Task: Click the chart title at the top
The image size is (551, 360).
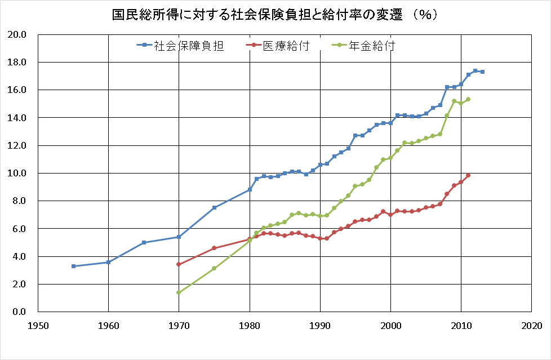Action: pos(275,15)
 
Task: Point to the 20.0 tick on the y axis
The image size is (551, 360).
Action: pos(17,34)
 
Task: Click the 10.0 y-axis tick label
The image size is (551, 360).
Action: pos(17,173)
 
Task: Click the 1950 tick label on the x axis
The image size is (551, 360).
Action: pos(38,326)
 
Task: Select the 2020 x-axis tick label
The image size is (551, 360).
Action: pos(531,326)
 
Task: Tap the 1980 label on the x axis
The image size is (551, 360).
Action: pos(250,326)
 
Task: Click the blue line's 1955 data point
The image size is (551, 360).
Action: pos(73,266)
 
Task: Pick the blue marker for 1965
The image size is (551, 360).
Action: pos(144,242)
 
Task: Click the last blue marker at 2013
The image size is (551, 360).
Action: pos(482,72)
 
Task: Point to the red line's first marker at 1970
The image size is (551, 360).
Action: pos(179,264)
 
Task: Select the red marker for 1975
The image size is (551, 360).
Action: pos(214,248)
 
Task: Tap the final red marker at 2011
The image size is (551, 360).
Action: pos(468,175)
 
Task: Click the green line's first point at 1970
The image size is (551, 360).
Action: pos(179,292)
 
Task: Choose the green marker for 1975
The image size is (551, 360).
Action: pos(214,268)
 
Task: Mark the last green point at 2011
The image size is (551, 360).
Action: pos(468,99)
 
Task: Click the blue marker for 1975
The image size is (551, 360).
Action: pos(214,207)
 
